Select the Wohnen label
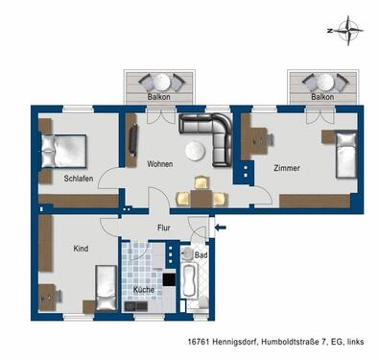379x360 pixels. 159,164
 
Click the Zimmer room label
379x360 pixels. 286,168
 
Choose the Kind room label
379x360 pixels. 81,249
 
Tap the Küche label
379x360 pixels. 143,289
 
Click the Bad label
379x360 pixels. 201,255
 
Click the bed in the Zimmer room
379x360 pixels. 345,155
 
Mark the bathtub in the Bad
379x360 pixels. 188,283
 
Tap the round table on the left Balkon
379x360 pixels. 159,83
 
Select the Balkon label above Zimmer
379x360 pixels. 322,97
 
